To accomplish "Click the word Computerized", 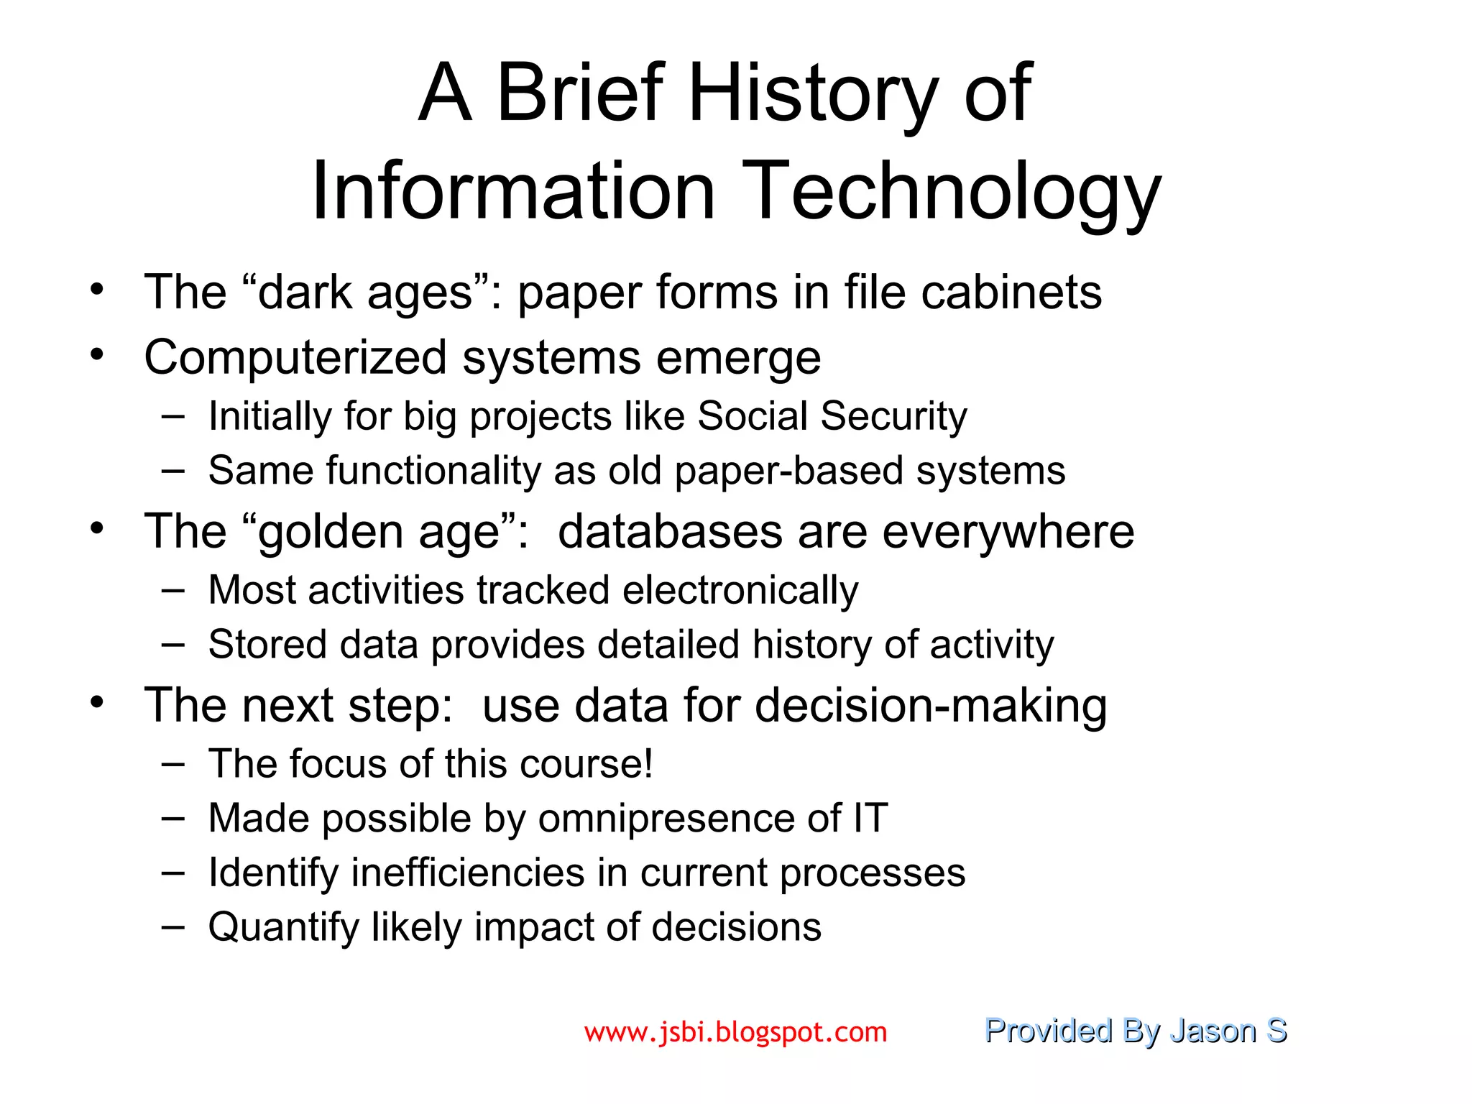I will [295, 358].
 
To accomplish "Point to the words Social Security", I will [832, 416].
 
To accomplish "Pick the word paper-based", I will [788, 471].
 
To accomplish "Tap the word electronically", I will [740, 590].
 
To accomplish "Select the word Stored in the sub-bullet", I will [267, 644].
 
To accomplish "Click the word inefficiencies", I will [468, 873].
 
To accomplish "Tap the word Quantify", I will [283, 927].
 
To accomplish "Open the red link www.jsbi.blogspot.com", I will [735, 1032].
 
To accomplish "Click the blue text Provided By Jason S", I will [1135, 1031].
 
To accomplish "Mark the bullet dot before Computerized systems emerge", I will [98, 354].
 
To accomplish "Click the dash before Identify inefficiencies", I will [172, 872].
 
